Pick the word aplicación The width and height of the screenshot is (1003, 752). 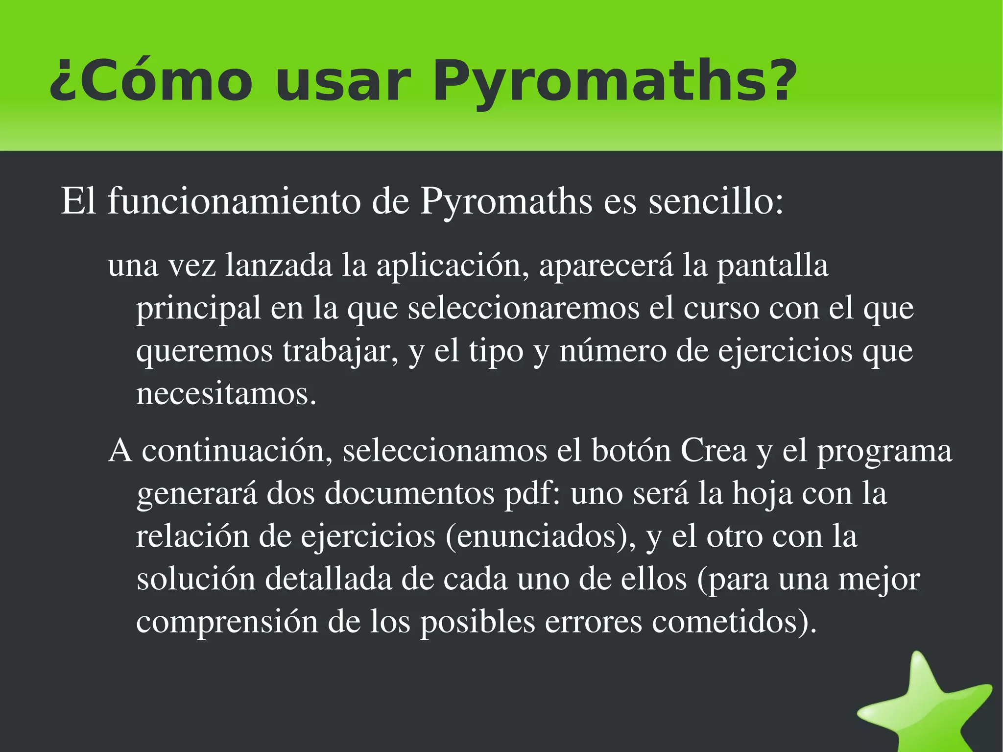click(x=453, y=266)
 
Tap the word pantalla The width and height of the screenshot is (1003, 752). click(x=773, y=266)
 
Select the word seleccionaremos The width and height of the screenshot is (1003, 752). click(x=524, y=308)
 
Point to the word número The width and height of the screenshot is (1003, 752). click(x=613, y=351)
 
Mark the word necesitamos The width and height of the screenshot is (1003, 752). click(x=226, y=393)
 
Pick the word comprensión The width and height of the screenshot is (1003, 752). click(x=227, y=622)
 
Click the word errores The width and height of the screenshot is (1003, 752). click(x=593, y=622)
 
